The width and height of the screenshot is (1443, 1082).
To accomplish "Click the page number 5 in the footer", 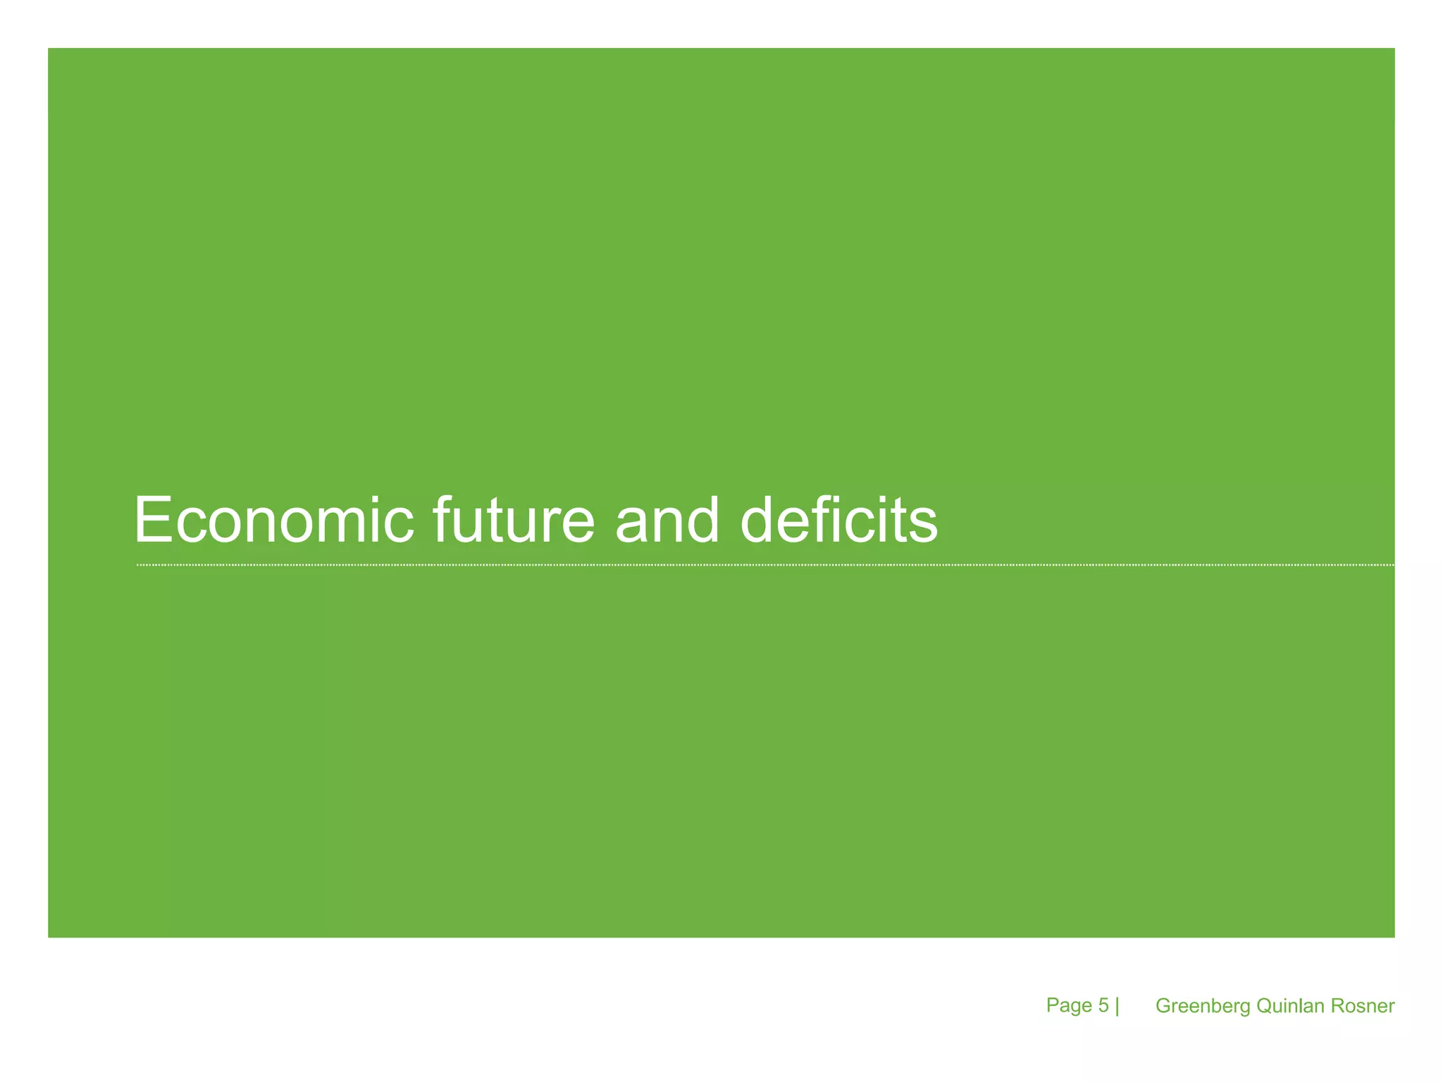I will [x=1103, y=1005].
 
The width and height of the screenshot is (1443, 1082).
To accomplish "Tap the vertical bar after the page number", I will [x=1117, y=1006].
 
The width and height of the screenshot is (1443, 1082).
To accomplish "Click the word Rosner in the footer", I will [x=1363, y=1006].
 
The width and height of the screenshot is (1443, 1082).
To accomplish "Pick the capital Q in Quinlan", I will [x=1264, y=1006].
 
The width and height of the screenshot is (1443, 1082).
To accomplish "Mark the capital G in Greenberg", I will [x=1163, y=1006].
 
